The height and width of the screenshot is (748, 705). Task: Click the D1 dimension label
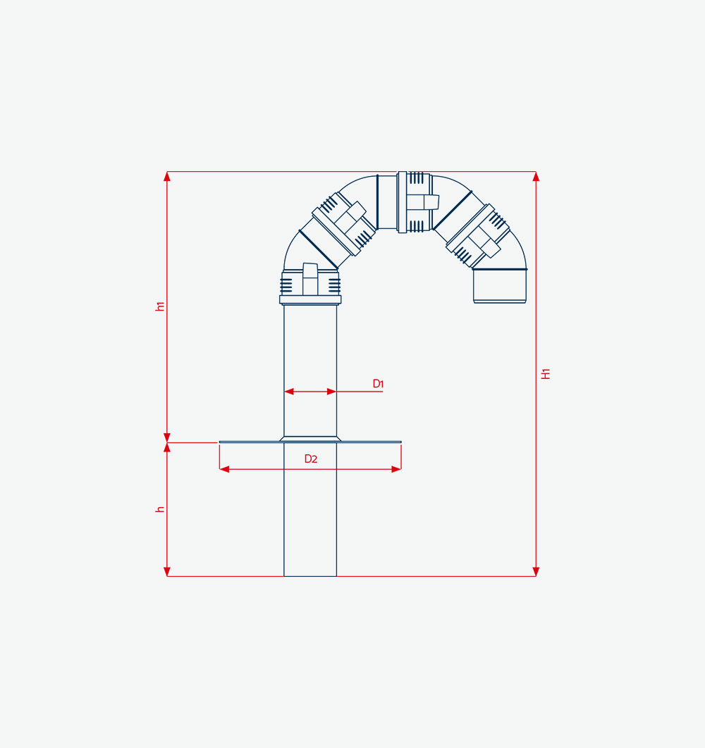pyautogui.click(x=378, y=384)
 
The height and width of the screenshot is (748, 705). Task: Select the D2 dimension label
pyautogui.click(x=311, y=459)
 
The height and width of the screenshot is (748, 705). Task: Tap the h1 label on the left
pyautogui.click(x=160, y=306)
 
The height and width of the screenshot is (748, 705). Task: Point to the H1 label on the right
pyautogui.click(x=546, y=374)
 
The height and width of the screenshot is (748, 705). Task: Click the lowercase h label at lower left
pyautogui.click(x=160, y=509)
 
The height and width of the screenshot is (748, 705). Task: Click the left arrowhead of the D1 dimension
pyautogui.click(x=289, y=392)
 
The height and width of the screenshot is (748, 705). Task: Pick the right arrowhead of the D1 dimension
pyautogui.click(x=331, y=392)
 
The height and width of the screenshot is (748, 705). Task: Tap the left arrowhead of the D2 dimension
pyautogui.click(x=224, y=469)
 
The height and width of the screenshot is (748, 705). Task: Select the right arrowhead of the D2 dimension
pyautogui.click(x=396, y=469)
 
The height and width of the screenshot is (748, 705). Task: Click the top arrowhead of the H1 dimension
pyautogui.click(x=536, y=177)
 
